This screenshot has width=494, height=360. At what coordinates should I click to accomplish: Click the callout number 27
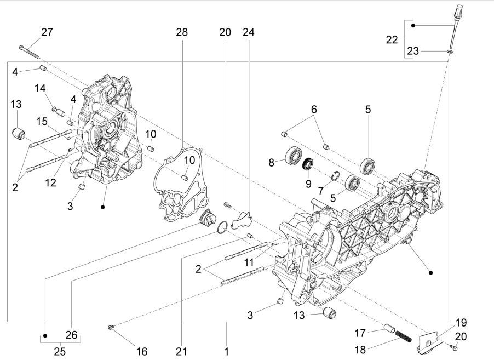[x=47, y=32]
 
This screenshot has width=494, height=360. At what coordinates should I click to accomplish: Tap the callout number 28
[x=182, y=32]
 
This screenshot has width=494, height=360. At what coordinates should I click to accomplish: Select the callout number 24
[x=249, y=32]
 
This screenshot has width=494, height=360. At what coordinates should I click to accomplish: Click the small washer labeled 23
[x=450, y=51]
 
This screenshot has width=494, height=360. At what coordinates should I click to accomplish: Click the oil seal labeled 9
[x=308, y=163]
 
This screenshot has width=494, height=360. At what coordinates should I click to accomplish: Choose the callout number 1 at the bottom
[x=226, y=351]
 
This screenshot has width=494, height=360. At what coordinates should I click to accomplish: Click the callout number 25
[x=60, y=351]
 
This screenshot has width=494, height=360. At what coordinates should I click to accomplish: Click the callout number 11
[x=250, y=262]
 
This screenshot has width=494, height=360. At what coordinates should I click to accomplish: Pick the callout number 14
[x=41, y=88]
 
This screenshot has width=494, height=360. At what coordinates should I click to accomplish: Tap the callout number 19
[x=461, y=322]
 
